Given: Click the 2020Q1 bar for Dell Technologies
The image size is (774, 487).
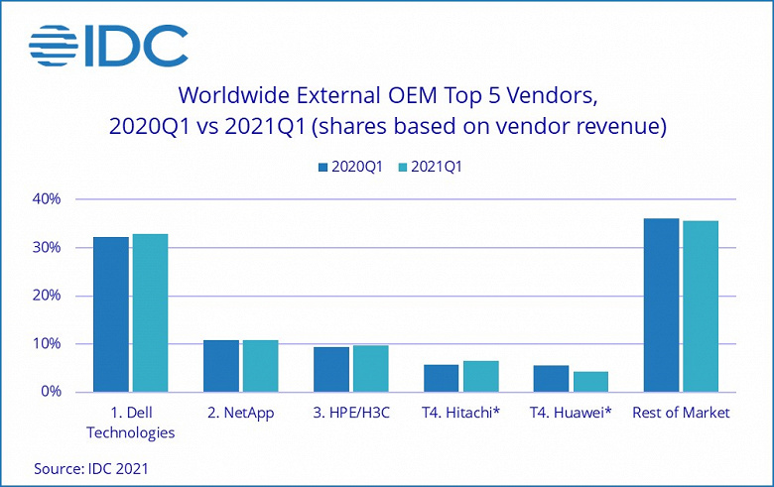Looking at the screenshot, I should coord(110,314).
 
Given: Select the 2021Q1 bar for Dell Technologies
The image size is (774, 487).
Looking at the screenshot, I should coord(150,312).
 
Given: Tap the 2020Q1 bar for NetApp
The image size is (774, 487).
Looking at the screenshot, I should coord(220,366).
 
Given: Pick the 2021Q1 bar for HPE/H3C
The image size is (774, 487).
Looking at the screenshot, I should coord(370,368).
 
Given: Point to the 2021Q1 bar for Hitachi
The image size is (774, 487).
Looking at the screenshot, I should coord(480,376).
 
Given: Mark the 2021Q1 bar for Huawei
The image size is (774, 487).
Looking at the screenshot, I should coord(590,382).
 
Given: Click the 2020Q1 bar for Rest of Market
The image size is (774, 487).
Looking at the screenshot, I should coord(661,304).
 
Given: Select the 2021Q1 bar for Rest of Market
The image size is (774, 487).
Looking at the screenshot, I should coord(701,306).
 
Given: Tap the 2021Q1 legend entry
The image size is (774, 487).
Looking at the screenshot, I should coord(428,167).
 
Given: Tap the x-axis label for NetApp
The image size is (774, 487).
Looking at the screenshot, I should coord(240,413).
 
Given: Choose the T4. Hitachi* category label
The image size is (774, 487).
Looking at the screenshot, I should coord(460,413).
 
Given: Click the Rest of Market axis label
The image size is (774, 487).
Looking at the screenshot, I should coord(681,413).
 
